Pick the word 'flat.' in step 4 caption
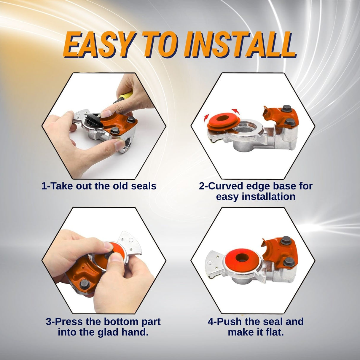272,332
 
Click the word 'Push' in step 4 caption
230,321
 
